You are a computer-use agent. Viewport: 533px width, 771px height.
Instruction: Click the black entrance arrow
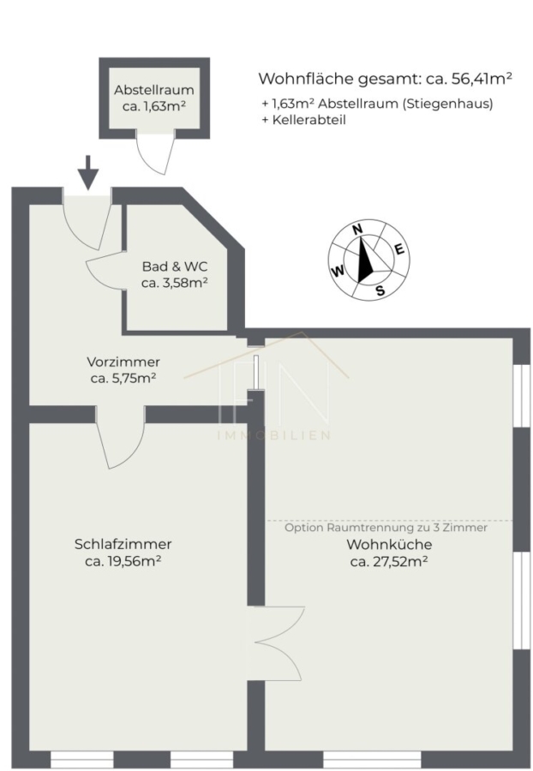pos(88,172)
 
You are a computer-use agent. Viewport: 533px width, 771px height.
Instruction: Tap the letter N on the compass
pos(357,229)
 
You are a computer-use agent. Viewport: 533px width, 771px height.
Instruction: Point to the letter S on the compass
pos(380,290)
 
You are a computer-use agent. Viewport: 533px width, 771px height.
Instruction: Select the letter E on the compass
pos(399,250)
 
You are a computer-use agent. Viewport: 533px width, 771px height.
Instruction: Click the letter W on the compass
pos(338,272)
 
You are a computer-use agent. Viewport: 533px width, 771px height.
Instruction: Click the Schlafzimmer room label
pos(123,544)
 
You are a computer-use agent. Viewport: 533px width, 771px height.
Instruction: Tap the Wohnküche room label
pos(389,545)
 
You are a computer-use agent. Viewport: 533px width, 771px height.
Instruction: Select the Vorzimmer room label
pos(123,362)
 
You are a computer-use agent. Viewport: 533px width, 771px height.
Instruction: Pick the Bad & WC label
pos(175,266)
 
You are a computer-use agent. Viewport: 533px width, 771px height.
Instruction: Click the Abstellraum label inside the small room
pos(154,90)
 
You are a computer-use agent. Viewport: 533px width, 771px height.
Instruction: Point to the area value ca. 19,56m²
pos(123,561)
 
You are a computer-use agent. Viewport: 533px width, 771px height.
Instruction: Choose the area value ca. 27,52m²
pos(389,561)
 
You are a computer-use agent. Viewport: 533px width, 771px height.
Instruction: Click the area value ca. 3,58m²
pos(175,283)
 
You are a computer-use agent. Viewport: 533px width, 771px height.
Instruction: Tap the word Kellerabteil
pos(309,120)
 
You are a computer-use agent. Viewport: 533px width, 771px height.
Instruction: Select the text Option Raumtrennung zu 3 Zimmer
pos(386,528)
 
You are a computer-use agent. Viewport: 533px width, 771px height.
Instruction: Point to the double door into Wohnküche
pos(276,643)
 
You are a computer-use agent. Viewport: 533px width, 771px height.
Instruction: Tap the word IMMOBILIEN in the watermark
pos(274,435)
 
